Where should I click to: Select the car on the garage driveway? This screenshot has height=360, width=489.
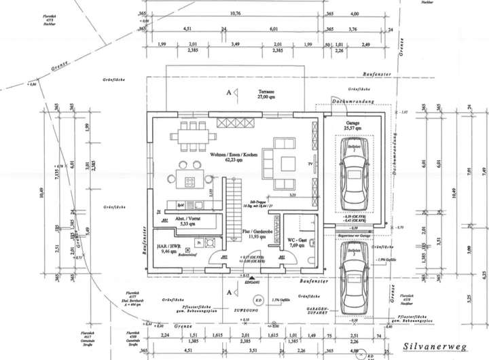point(354,278)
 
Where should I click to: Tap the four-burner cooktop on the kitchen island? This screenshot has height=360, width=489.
point(189,181)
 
